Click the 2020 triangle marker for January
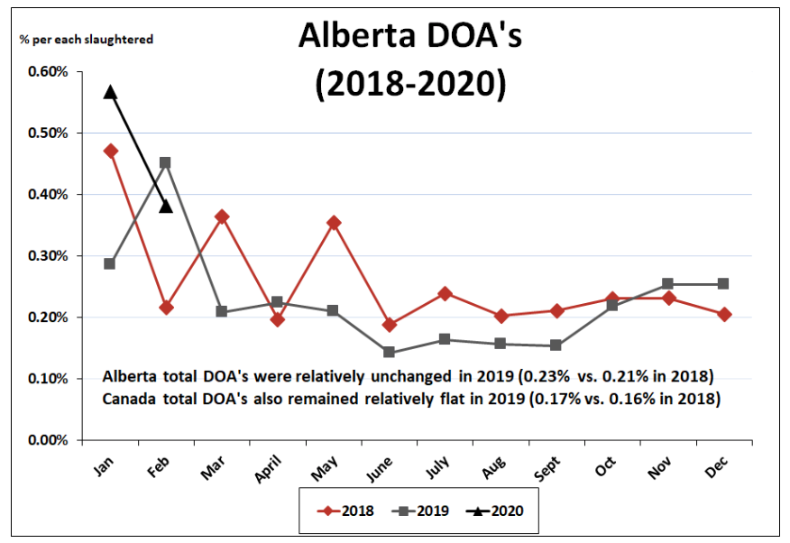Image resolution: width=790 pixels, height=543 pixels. coord(110,92)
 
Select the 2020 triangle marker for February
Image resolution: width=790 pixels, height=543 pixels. coord(166,207)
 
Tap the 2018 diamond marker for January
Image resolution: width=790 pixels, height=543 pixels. coord(110,151)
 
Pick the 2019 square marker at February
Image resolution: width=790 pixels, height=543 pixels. coord(166,163)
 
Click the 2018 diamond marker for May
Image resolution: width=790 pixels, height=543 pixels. coord(334,222)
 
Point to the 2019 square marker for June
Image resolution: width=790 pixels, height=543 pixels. coord(389,352)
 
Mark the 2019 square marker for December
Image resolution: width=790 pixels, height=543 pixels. coord(723,283)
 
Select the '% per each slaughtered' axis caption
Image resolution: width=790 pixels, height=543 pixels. coord(87,39)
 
